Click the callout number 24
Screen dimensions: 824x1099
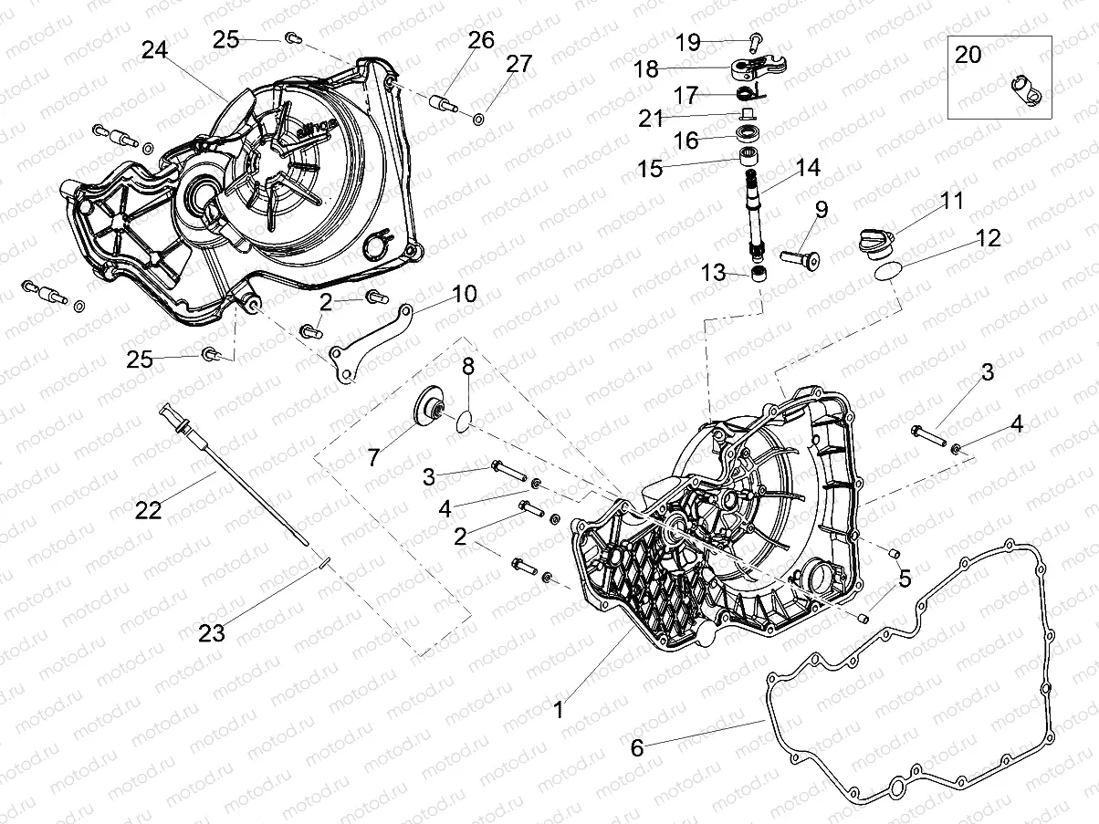point(154,51)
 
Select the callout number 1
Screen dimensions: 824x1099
point(559,705)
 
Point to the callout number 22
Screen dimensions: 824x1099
point(148,510)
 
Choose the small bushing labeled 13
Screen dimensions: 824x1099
point(758,275)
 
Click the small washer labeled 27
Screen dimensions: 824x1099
point(479,120)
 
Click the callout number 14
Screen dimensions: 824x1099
point(807,168)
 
